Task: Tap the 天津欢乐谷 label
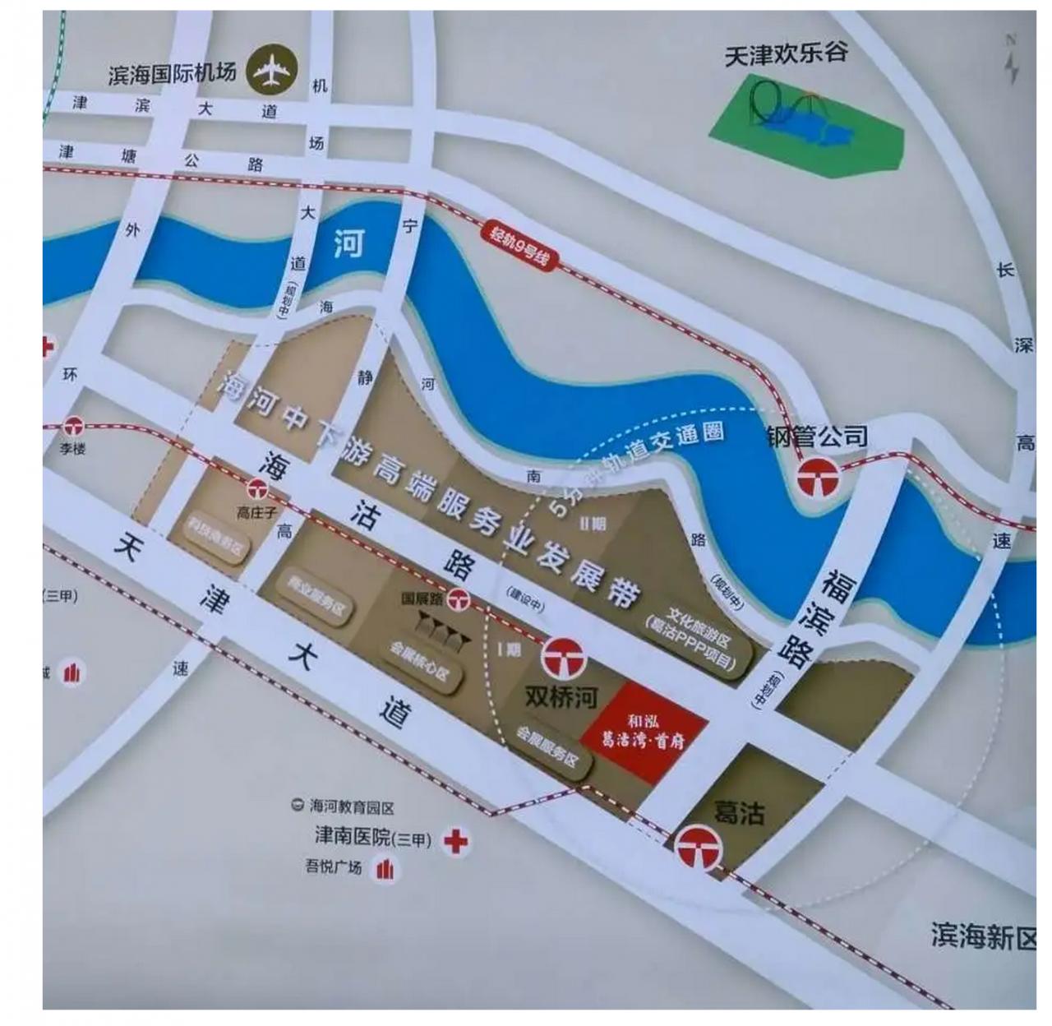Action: click(x=786, y=55)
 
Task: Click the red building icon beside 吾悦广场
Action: click(x=385, y=869)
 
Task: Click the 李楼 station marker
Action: click(x=75, y=427)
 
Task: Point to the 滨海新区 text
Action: click(x=983, y=936)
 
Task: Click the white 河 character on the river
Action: click(x=348, y=243)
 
